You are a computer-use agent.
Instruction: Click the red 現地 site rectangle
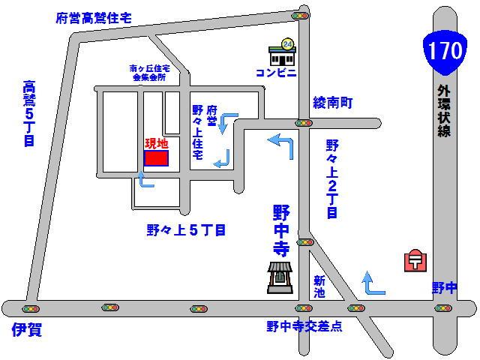(156, 158)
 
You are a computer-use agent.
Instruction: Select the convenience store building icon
(283, 54)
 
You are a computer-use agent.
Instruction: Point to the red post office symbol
(414, 260)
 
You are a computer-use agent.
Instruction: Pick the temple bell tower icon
(280, 278)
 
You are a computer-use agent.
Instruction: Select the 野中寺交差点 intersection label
(304, 327)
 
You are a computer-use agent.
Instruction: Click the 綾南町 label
(334, 102)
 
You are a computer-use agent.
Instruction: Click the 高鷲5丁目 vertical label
(29, 112)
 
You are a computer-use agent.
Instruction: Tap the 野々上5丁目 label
(186, 230)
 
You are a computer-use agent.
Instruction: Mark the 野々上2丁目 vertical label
(332, 178)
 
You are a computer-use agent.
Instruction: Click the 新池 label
(320, 286)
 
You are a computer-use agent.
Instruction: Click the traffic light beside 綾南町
(304, 122)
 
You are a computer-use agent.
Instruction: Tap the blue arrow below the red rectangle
(145, 180)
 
